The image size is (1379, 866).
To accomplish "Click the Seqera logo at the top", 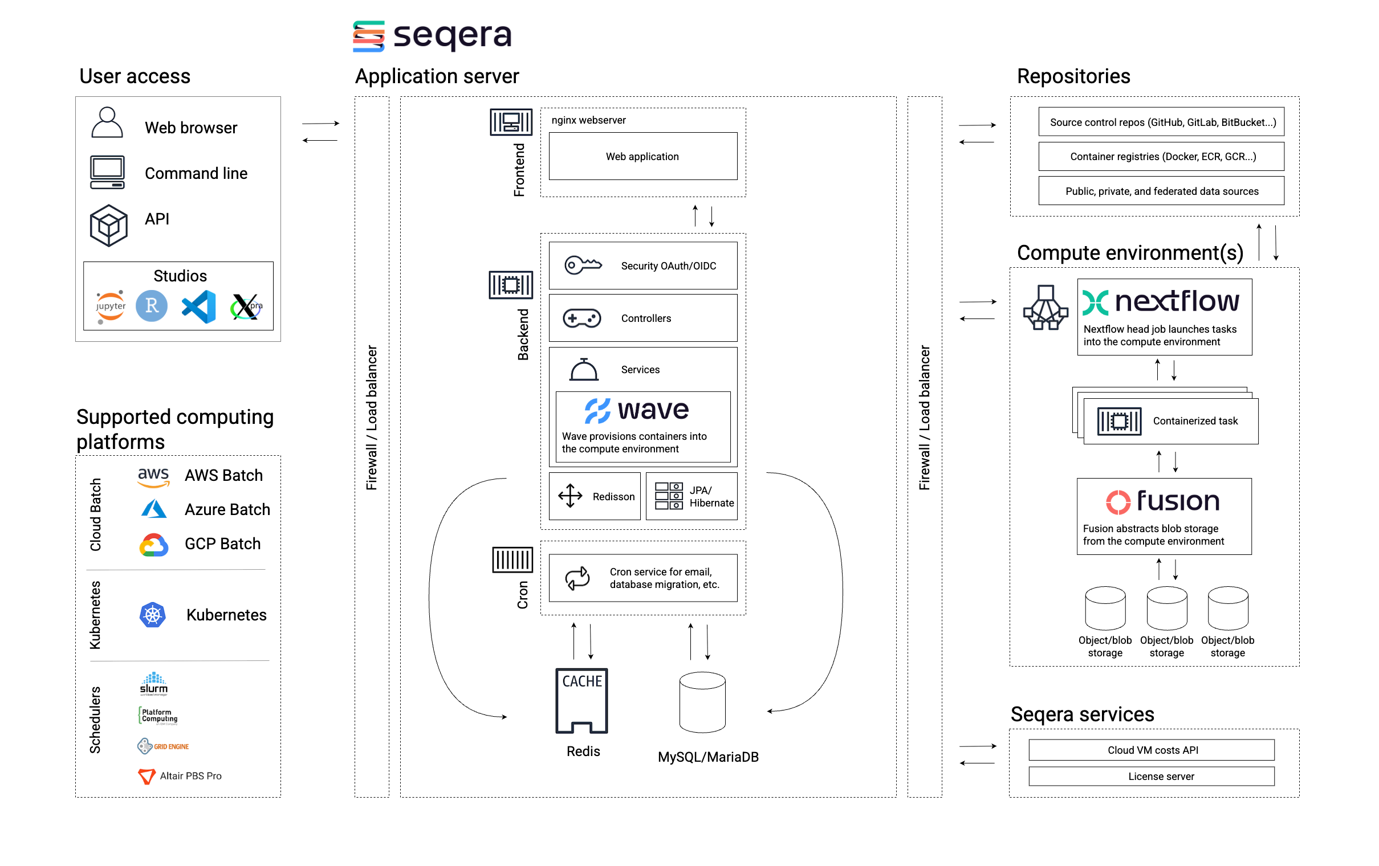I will (x=432, y=36).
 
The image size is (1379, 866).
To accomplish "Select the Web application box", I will (x=642, y=156).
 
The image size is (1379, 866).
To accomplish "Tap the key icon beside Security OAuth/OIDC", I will (x=583, y=265).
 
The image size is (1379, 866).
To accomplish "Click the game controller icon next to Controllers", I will (x=581, y=318).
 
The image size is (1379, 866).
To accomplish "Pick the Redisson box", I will (x=595, y=496).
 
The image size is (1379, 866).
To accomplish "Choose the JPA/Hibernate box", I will (x=692, y=496).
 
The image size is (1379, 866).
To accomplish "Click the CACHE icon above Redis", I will (x=581, y=701).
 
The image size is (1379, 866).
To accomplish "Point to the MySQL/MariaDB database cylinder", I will (x=702, y=702).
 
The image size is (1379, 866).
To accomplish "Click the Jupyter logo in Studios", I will (x=111, y=306).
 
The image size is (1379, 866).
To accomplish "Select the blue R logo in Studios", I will (x=151, y=305).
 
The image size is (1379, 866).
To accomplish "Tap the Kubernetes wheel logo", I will (x=152, y=615).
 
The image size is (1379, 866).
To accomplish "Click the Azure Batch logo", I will (x=153, y=509).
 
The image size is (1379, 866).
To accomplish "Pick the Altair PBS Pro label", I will (x=190, y=775).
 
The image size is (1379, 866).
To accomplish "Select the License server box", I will (x=1151, y=776).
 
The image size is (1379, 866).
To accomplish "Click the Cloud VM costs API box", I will (x=1151, y=750).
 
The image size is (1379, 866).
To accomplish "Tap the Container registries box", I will (x=1161, y=156).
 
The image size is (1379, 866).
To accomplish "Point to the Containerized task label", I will (x=1195, y=420).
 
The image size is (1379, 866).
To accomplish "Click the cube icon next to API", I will (x=108, y=226).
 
